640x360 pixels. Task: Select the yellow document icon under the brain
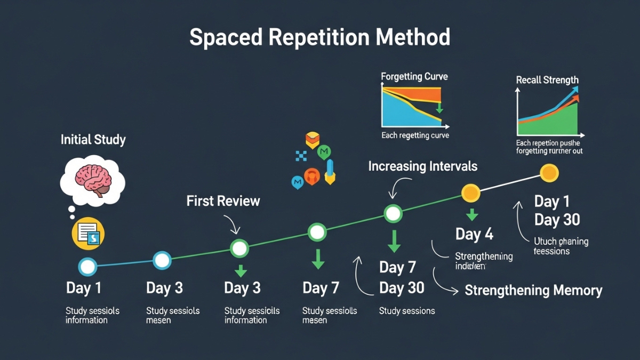click(88, 233)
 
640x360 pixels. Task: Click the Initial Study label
click(93, 140)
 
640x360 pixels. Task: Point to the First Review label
click(223, 201)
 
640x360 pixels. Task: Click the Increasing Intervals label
click(422, 166)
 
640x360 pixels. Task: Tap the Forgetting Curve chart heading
click(414, 77)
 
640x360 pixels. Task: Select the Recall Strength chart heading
click(547, 80)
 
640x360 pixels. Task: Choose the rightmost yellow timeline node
click(549, 173)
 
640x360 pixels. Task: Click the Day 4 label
click(474, 234)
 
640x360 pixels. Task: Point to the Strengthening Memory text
click(533, 291)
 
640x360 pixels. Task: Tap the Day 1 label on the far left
click(84, 289)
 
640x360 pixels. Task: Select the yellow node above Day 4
click(470, 193)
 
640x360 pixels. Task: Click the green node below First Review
click(239, 248)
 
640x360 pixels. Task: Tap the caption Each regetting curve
click(415, 135)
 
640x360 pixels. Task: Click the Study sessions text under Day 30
click(406, 311)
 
